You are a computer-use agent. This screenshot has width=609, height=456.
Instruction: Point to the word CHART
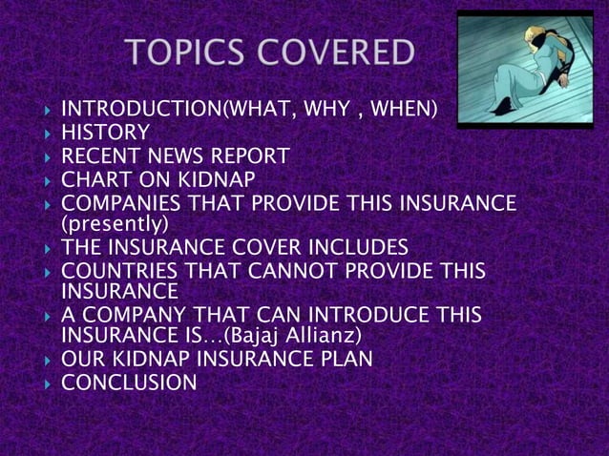click(94, 178)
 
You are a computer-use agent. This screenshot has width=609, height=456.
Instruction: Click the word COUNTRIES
click(118, 271)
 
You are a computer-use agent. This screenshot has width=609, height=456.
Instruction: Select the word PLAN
click(346, 361)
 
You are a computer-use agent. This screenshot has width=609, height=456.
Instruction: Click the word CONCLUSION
click(129, 383)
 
